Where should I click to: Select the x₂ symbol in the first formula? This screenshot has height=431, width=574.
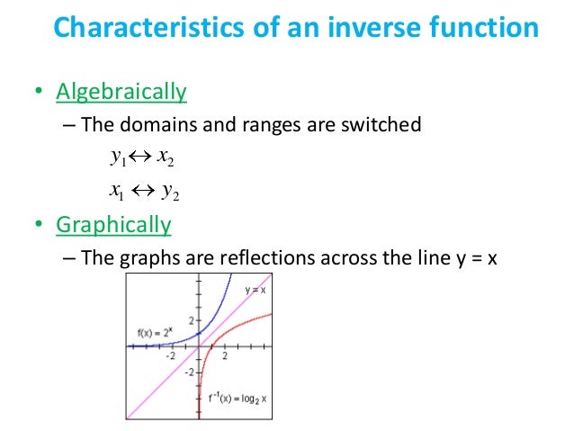tap(165, 159)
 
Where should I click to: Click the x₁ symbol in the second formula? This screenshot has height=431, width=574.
tap(116, 191)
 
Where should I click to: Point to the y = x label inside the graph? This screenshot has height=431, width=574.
tap(256, 290)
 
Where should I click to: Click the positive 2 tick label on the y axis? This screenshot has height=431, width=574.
tap(190, 321)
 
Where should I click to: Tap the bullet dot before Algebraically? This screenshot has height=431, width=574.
tap(39, 92)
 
